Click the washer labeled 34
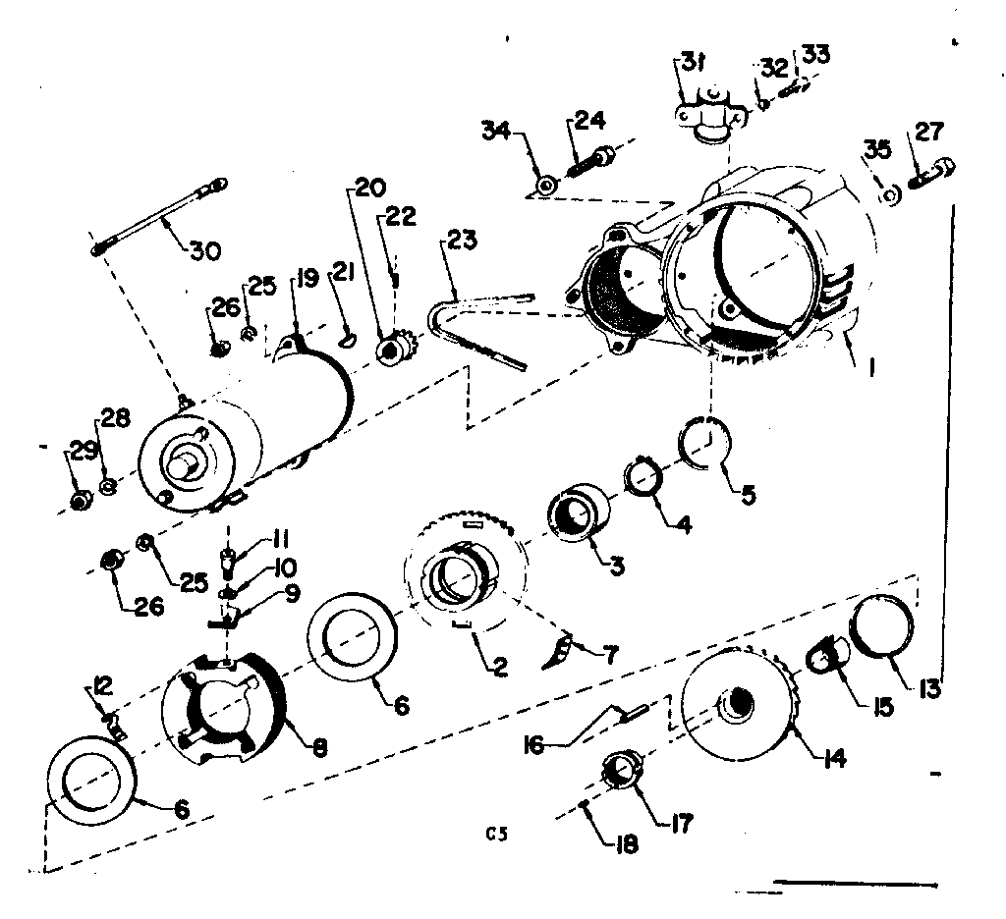[546, 184]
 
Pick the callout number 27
[928, 132]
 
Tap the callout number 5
[750, 496]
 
